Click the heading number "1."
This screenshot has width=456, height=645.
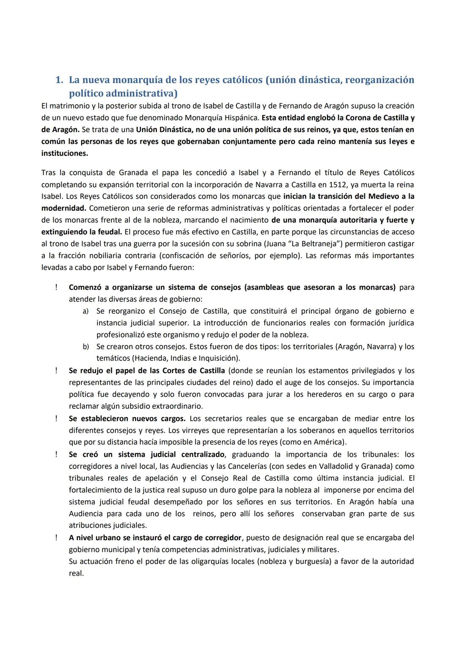pos(60,79)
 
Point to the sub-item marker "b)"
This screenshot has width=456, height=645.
pos(86,347)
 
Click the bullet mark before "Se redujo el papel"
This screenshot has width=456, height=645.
pos(56,370)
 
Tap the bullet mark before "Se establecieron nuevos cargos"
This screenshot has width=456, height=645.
pos(56,419)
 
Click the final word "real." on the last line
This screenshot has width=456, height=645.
pos(76,573)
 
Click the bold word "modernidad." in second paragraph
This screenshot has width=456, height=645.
pos(64,208)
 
